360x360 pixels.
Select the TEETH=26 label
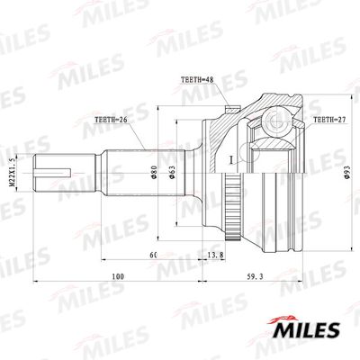coord(112,118)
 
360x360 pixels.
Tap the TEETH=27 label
coord(330,119)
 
